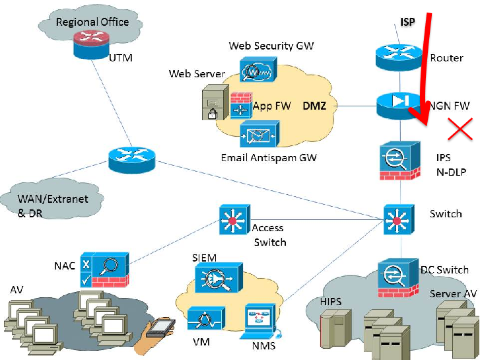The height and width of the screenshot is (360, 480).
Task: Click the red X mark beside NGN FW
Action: [x=460, y=129]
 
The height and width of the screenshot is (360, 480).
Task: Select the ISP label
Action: [x=408, y=22]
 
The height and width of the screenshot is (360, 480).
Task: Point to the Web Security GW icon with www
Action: [x=257, y=69]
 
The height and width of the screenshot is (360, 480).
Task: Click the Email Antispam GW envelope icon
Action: [x=259, y=134]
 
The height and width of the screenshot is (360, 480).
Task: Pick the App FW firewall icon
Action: [x=241, y=106]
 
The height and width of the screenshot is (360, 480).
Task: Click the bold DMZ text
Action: [x=314, y=106]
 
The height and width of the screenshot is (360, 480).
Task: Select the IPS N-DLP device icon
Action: [x=400, y=161]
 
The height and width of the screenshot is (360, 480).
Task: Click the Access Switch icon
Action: [x=235, y=220]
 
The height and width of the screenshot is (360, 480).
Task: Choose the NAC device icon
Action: [x=105, y=270]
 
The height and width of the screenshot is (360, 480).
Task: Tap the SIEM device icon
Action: [x=219, y=278]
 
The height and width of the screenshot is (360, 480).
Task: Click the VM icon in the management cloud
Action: [x=206, y=319]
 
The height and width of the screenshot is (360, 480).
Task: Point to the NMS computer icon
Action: [x=261, y=321]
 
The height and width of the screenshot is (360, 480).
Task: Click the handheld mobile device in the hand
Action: [x=160, y=328]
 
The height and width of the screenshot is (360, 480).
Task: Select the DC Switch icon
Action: [x=398, y=278]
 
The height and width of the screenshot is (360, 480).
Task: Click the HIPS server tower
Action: [x=335, y=328]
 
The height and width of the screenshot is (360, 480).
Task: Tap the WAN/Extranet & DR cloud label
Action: [x=53, y=206]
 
